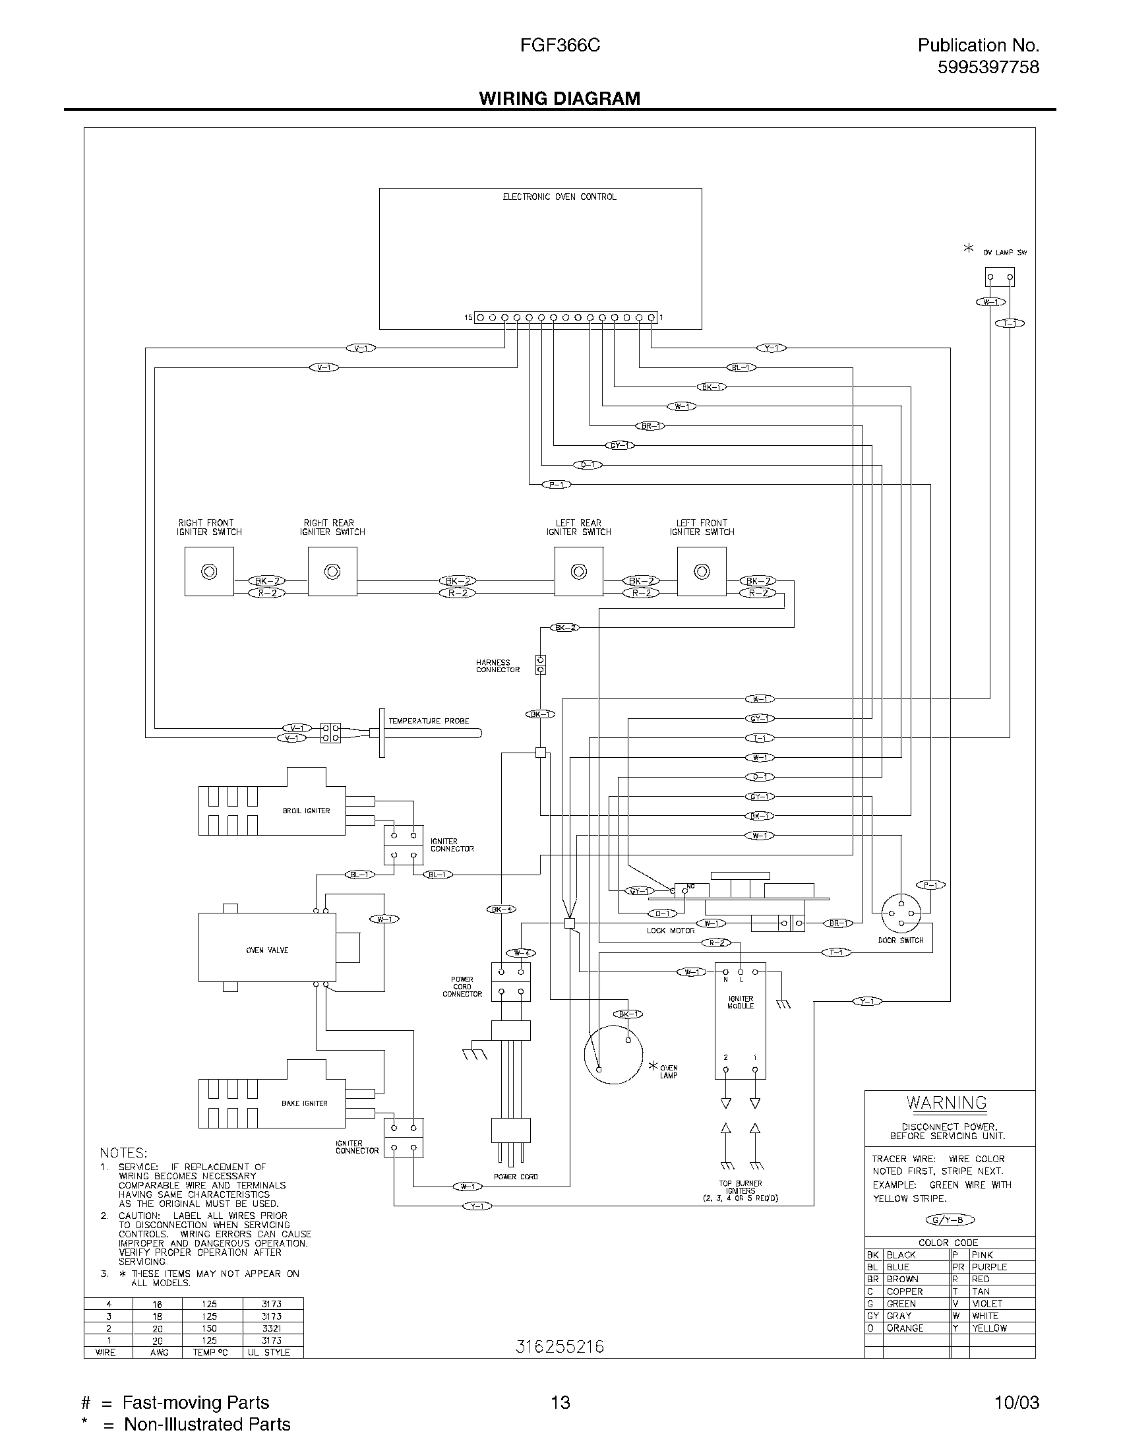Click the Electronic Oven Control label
click(559, 197)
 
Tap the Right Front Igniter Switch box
click(209, 571)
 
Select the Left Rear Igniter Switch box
click(578, 571)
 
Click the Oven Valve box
click(267, 950)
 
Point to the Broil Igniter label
click(306, 811)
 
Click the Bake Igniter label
click(305, 1103)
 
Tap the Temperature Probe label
click(429, 721)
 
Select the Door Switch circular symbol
click(901, 915)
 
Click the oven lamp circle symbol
click(613, 1055)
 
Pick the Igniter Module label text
click(741, 1003)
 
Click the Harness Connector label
click(497, 665)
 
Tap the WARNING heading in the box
click(946, 1103)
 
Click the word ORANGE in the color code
click(905, 1328)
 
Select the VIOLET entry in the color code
click(987, 1303)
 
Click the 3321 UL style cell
click(272, 1328)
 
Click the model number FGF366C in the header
click(560, 45)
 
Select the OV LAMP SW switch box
click(999, 276)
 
